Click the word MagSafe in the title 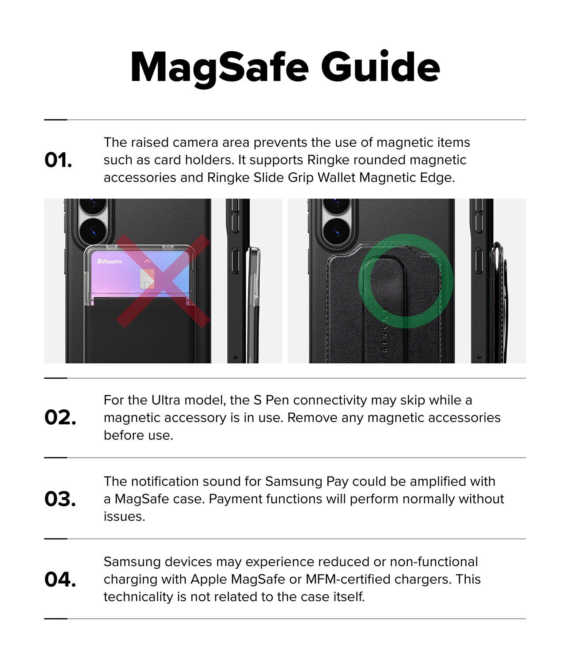220,69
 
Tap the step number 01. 58,160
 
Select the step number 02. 60,418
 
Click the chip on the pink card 148,278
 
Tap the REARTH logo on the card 109,261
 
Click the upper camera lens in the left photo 93,204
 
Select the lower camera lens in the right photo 336,232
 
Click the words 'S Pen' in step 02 272,400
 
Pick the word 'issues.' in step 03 125,517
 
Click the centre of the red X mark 163,281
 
